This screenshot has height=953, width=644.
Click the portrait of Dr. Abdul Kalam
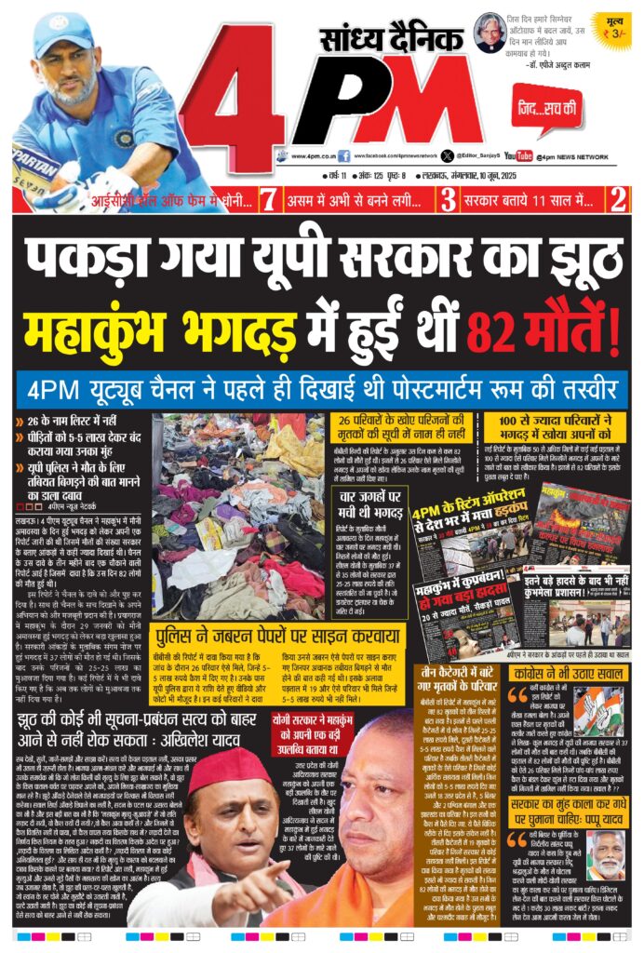click(487, 32)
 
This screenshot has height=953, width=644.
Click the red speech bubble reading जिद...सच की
click(546, 114)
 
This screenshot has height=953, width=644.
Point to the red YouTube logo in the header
click(518, 156)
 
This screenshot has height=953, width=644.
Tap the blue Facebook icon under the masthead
click(344, 156)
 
